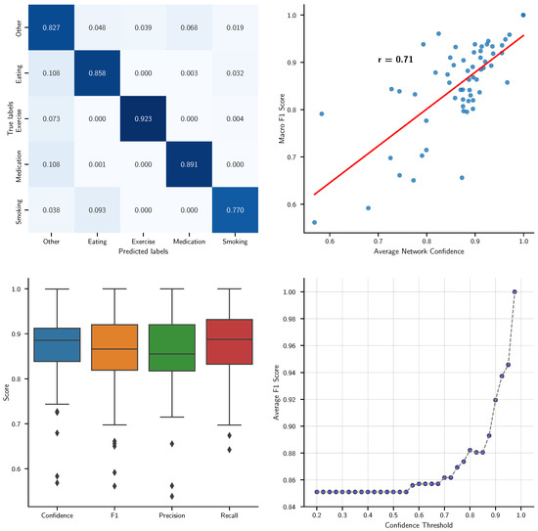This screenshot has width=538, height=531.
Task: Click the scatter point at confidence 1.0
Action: coord(523,16)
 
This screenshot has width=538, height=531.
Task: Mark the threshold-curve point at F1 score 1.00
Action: coord(515,291)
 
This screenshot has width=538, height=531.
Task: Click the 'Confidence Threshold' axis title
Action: coord(419,525)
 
